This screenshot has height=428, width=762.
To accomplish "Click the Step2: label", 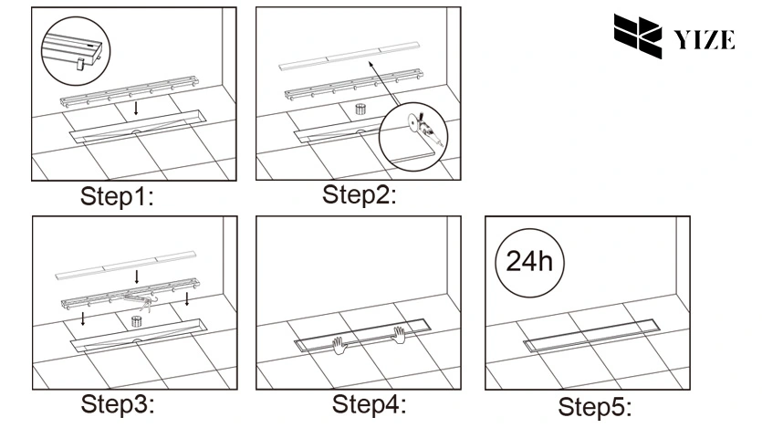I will pyautogui.click(x=360, y=194).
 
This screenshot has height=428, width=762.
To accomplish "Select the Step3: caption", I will pyautogui.click(x=118, y=402).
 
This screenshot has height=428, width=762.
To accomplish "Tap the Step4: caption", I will pyautogui.click(x=368, y=402).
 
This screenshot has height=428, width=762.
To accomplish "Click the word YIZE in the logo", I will pyautogui.click(x=704, y=39).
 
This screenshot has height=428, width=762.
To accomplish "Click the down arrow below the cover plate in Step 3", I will pyautogui.click(x=137, y=276).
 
